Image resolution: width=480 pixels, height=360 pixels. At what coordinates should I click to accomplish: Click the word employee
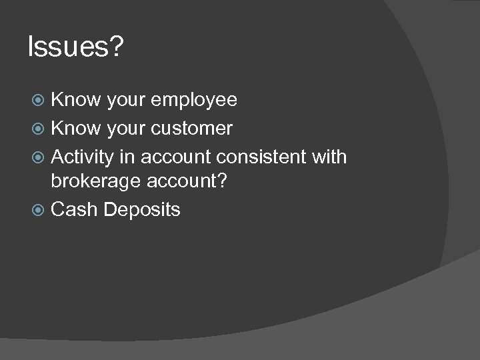pos(194,101)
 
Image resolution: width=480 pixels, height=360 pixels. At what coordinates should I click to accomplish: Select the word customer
pos(192,128)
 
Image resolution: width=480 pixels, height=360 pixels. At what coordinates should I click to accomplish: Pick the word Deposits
pos(142,210)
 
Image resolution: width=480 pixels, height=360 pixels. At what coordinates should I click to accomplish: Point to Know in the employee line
pos(75,100)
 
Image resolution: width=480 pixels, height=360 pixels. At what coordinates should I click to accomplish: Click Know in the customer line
pos(75,127)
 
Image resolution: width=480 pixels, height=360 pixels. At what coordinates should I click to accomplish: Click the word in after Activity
pos(130,157)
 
